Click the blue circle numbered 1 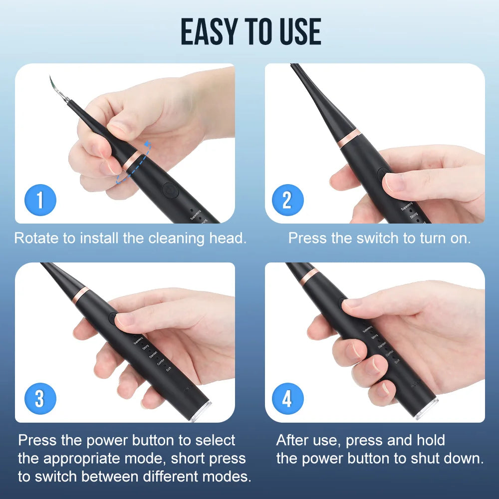click(40, 200)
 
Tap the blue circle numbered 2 click(287, 200)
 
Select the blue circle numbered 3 click(40, 399)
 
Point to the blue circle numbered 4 click(287, 399)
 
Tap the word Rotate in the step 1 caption click(36, 238)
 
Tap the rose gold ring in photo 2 click(349, 138)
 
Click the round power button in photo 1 click(169, 191)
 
